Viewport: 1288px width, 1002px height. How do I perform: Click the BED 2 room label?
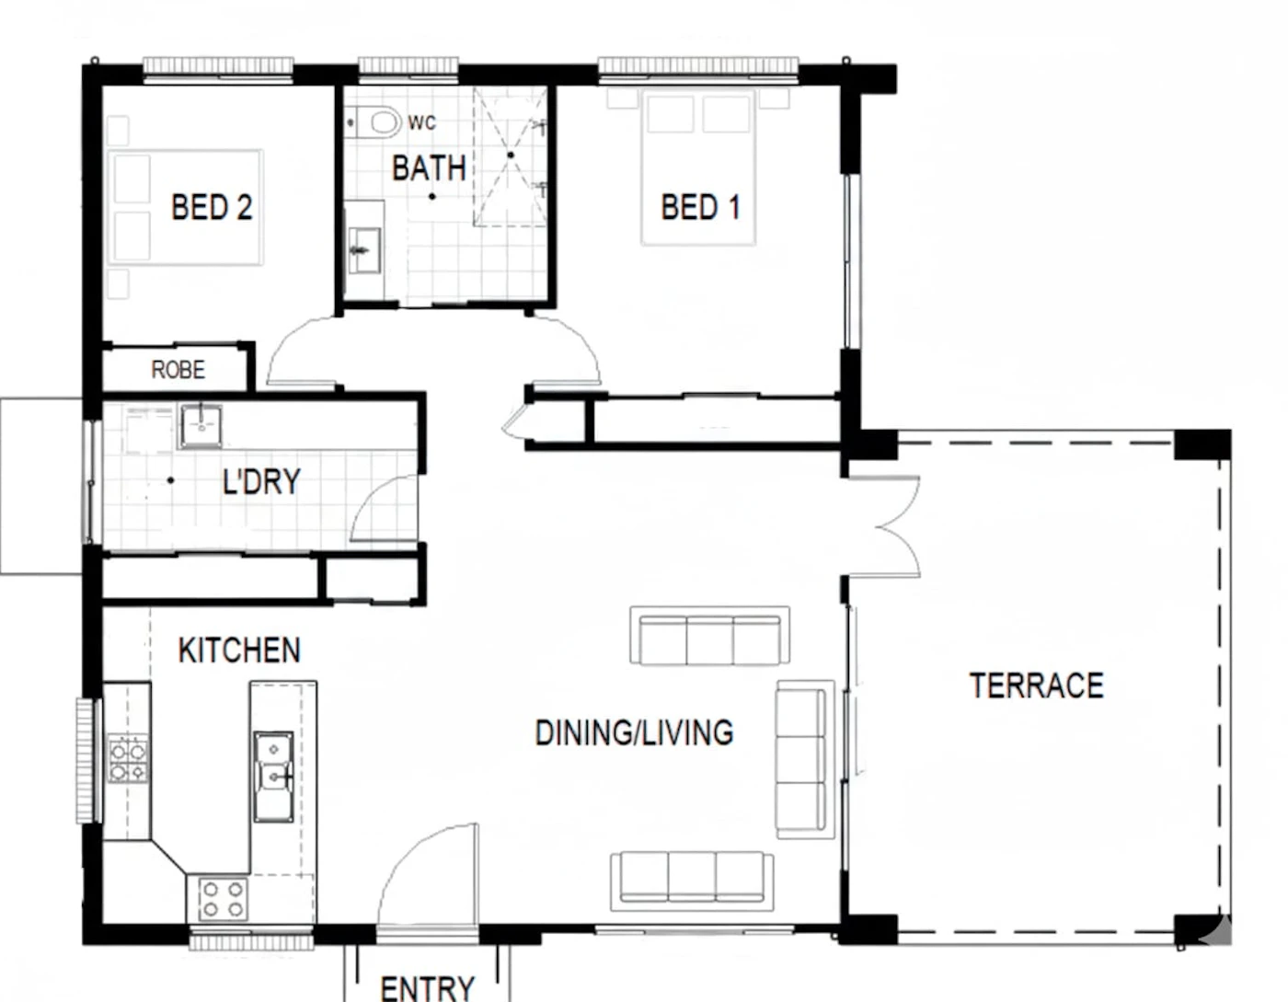212,207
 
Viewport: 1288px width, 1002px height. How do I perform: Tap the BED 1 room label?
701,207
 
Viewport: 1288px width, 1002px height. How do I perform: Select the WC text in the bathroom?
422,122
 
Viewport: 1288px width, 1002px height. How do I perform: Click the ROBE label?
178,370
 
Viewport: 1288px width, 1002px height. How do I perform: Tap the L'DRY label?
261,481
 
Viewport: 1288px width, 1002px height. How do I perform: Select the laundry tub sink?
201,426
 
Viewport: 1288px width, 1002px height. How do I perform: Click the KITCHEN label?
239,650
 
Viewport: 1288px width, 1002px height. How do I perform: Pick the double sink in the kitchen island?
274,777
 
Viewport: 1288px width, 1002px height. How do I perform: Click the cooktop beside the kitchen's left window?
128,758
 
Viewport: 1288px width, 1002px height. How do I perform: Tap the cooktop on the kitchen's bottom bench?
223,900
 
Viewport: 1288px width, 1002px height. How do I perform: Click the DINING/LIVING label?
634,732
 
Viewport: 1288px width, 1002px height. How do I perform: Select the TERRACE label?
1036,685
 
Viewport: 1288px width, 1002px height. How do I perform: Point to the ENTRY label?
427,988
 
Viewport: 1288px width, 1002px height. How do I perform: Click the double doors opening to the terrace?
895,526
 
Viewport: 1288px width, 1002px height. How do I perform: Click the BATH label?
429,168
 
